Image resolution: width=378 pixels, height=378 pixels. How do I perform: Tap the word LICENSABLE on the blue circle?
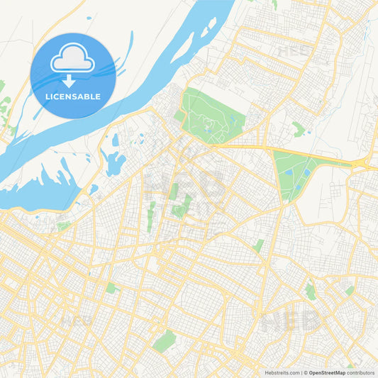point(72,96)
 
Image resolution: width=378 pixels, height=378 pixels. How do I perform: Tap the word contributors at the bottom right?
point(362,372)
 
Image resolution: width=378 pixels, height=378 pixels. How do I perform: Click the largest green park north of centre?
point(211,113)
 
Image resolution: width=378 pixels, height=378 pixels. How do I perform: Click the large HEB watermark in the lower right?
point(291,323)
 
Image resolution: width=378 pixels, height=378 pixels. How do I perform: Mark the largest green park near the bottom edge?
point(165,342)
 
